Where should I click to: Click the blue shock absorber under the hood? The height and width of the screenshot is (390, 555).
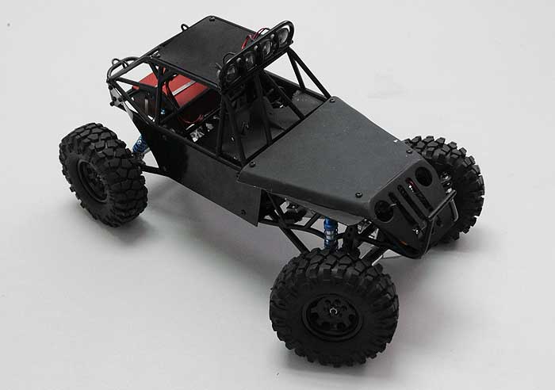(330, 233)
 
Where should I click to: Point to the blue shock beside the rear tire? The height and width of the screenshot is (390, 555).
(141, 145)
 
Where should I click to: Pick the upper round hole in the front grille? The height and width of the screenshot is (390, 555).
(423, 176)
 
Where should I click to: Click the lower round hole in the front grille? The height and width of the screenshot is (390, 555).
(384, 209)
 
